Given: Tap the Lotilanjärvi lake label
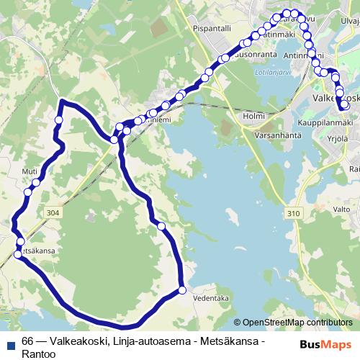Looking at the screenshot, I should pos(273,73).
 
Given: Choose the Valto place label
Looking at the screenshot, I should pos(341,209).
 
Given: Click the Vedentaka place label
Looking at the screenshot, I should pos(210,297).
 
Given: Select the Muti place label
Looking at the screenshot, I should pos(30,171).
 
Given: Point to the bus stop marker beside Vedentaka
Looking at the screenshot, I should pos(182,290).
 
